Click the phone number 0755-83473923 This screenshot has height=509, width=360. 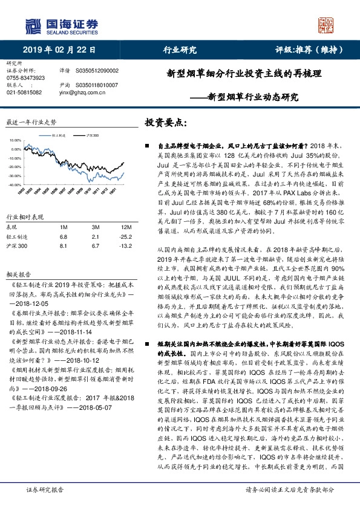25,78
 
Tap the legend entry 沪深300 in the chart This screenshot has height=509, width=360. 92,137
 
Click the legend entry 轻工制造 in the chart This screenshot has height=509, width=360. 59,137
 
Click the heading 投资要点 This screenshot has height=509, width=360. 166,123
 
